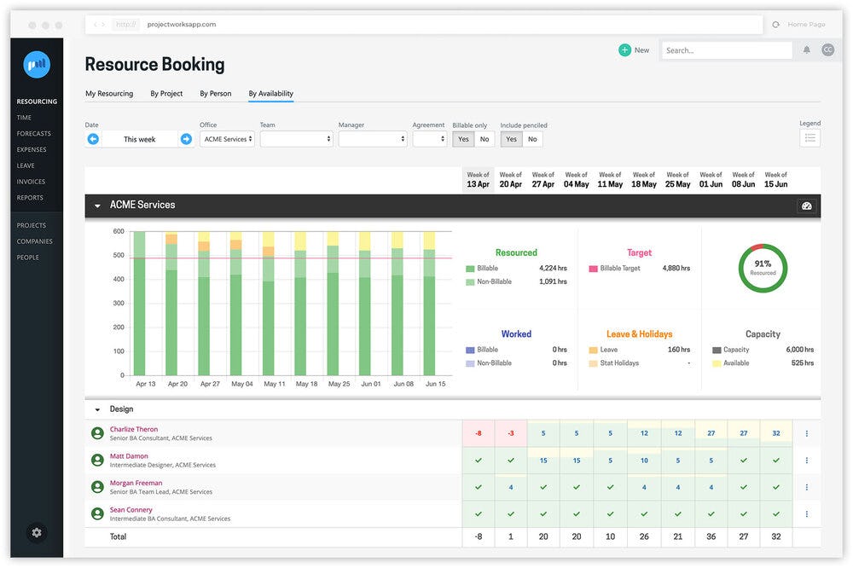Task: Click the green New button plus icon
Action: point(625,50)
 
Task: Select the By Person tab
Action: point(216,94)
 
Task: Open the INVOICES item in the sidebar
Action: point(31,182)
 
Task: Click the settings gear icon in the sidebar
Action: point(37,532)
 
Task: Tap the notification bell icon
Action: point(807,50)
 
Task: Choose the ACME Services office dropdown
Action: point(227,139)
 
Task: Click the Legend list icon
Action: point(809,138)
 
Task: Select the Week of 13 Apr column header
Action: point(478,180)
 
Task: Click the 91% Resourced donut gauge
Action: point(763,269)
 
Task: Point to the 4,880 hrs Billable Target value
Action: point(676,269)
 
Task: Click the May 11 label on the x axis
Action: point(275,385)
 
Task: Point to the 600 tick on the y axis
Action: point(119,232)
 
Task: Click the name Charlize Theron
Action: point(134,430)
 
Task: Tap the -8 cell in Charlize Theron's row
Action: point(478,433)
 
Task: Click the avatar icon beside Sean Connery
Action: point(97,513)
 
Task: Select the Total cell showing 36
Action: point(711,536)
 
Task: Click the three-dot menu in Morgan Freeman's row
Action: point(807,487)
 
